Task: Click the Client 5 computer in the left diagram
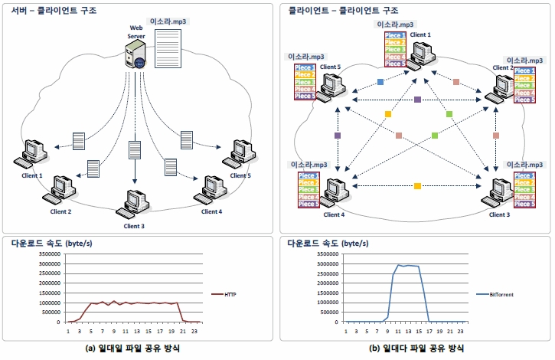232,154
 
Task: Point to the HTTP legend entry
227,293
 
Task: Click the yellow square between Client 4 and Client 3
417,186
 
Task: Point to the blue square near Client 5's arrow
380,81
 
